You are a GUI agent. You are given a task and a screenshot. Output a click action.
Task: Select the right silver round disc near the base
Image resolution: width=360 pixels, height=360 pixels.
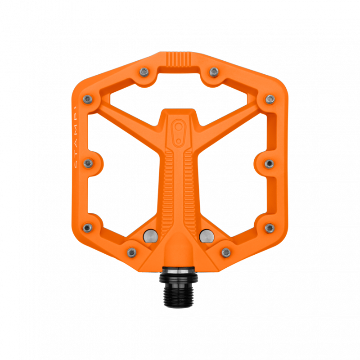(207, 235)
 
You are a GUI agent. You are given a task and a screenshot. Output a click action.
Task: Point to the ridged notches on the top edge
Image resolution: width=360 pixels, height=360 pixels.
(179, 59)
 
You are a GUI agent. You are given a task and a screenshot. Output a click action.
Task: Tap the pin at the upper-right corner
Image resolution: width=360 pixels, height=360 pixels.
(270, 98)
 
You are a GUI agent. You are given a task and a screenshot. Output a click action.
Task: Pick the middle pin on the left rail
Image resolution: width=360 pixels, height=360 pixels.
(89, 163)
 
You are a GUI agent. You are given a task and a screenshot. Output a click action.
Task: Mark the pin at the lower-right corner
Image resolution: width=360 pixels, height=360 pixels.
(269, 228)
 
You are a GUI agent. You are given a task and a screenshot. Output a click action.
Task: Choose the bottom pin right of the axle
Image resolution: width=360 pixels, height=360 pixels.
(226, 251)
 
